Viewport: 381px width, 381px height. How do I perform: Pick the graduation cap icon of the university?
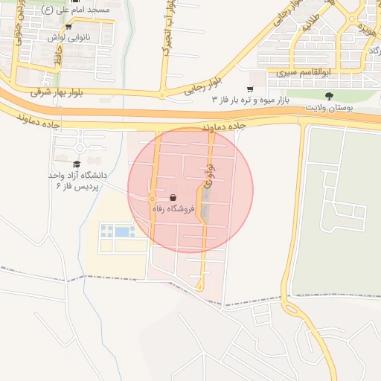[x=77, y=164]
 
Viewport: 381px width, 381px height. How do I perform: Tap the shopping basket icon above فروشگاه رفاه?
[x=173, y=198]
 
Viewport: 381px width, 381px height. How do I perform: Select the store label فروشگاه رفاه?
[x=173, y=210]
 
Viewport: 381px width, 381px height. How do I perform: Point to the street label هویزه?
[x=364, y=29]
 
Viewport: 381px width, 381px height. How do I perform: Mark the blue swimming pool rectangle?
[x=122, y=231]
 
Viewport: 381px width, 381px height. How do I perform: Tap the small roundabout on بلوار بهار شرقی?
[x=161, y=95]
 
